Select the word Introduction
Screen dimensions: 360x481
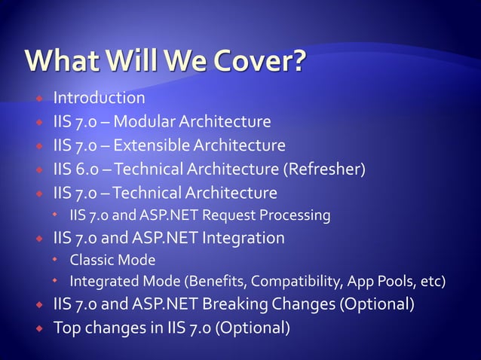98,98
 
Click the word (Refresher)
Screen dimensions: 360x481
324,168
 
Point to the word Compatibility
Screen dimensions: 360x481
296,282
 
